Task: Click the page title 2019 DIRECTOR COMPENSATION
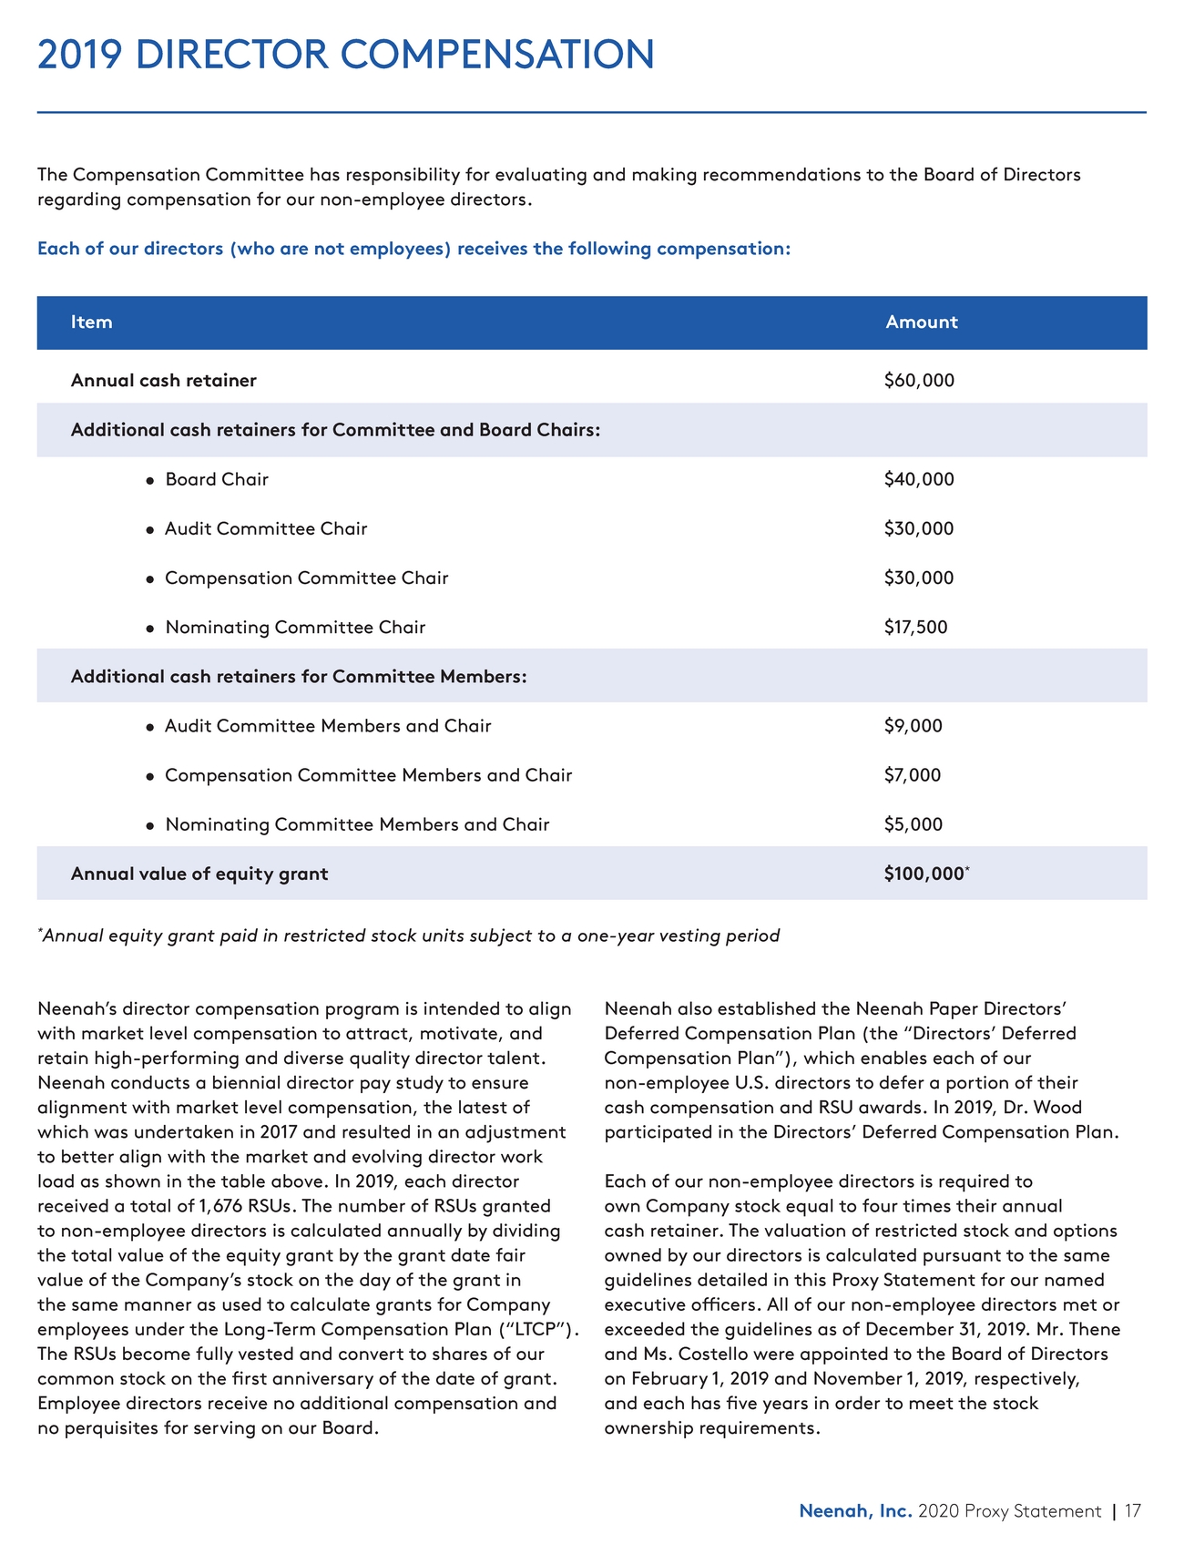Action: click(345, 55)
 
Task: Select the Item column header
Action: click(92, 322)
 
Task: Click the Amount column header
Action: click(921, 322)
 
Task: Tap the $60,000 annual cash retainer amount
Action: click(919, 381)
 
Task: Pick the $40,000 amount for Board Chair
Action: click(919, 479)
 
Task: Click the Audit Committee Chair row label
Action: click(266, 529)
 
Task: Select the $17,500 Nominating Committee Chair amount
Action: click(915, 628)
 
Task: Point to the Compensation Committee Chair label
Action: click(306, 578)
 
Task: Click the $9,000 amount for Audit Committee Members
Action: click(913, 726)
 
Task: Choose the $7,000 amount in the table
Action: click(913, 775)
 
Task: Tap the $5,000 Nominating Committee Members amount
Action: click(913, 824)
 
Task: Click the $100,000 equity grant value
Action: click(924, 874)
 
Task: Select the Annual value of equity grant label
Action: click(199, 874)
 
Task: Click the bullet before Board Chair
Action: click(149, 481)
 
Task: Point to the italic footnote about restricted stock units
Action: click(410, 936)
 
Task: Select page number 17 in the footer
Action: click(1132, 1511)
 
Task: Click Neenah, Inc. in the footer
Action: click(855, 1511)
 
